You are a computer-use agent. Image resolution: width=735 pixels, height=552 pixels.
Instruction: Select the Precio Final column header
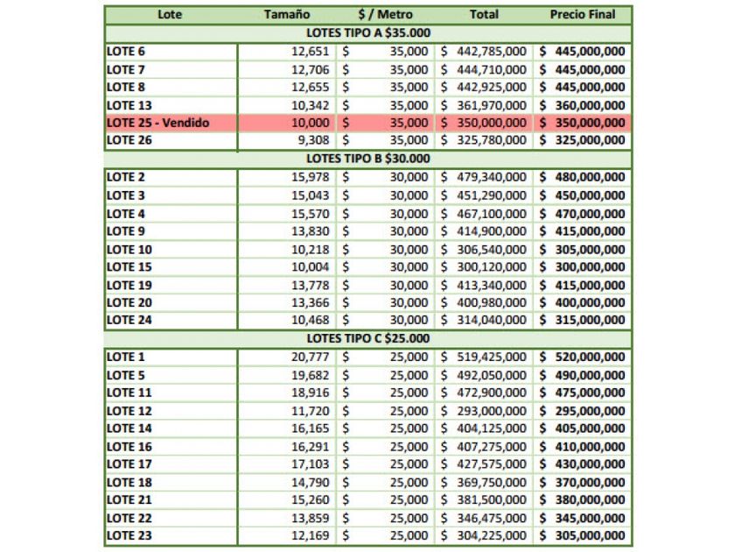pyautogui.click(x=583, y=15)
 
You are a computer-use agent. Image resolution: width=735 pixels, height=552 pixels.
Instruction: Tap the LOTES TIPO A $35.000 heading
pyautogui.click(x=367, y=33)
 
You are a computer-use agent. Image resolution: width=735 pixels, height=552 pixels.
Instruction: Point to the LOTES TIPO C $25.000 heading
pyautogui.click(x=367, y=338)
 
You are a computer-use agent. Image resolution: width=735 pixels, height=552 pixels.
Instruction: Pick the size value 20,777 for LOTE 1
pyautogui.click(x=311, y=357)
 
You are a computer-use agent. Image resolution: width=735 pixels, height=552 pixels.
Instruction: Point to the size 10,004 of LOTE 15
pyautogui.click(x=311, y=266)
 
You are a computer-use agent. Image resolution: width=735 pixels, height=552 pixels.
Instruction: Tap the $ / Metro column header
pyautogui.click(x=385, y=15)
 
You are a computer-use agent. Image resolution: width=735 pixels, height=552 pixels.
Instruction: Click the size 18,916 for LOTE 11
pyautogui.click(x=311, y=393)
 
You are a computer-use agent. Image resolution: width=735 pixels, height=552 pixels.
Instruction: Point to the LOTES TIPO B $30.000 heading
pyautogui.click(x=367, y=159)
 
